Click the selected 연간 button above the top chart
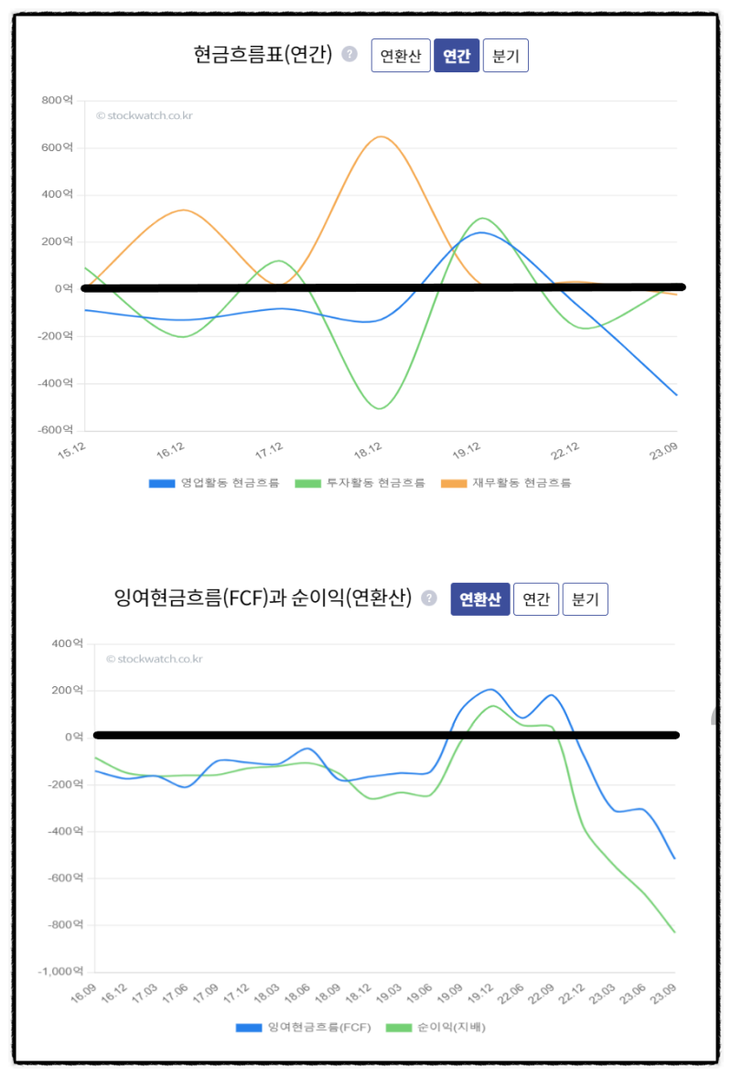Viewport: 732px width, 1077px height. pos(457,56)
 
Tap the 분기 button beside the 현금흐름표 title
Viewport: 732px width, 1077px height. pos(505,56)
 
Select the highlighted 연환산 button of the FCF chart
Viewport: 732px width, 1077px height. pos(479,599)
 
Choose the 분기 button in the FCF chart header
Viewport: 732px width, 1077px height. pos(585,599)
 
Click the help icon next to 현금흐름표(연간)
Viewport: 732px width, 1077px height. pos(349,54)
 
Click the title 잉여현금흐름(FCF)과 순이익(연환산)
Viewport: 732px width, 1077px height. pos(263,598)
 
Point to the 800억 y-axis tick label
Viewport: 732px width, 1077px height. pos(57,100)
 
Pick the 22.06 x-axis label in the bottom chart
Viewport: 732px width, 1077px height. pos(511,994)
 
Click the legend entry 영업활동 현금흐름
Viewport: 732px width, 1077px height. pos(214,483)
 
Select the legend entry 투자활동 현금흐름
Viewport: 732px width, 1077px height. pos(361,483)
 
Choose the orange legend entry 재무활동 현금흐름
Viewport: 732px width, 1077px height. pos(506,483)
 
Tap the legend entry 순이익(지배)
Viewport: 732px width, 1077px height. pos(436,1028)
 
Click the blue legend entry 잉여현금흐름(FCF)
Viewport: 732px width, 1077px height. pos(304,1028)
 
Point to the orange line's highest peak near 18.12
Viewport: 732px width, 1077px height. pos(381,137)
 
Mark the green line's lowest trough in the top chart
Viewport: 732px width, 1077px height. pos(380,408)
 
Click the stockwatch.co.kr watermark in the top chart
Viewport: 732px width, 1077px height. pos(145,115)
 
